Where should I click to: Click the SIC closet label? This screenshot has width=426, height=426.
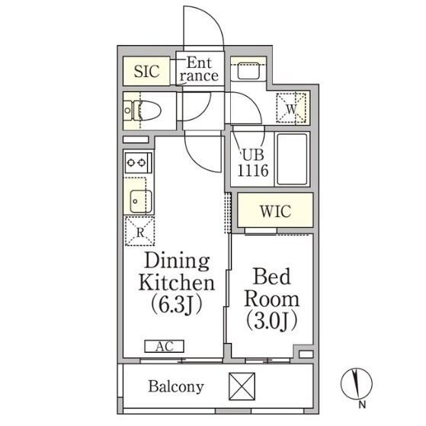(147, 72)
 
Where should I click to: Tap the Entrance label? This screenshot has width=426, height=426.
(200, 69)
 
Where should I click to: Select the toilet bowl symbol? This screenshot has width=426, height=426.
(143, 111)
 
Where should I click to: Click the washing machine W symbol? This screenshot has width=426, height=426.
(291, 108)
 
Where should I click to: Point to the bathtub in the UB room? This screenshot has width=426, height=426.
(292, 159)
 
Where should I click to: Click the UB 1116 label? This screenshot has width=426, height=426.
(253, 163)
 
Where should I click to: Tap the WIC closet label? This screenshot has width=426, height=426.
(275, 211)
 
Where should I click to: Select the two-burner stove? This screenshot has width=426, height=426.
(138, 163)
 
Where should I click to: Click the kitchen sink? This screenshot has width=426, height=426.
(140, 201)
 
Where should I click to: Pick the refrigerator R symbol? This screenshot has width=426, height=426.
(140, 232)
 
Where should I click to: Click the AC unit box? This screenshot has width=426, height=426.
(165, 347)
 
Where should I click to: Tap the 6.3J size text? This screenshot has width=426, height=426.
(176, 304)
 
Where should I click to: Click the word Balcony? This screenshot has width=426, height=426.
(176, 386)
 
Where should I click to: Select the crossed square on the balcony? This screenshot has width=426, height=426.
(242, 386)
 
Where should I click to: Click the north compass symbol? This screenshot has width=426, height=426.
(356, 384)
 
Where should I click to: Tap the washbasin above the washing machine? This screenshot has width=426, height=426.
(248, 71)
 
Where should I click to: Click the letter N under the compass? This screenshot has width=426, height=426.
(362, 405)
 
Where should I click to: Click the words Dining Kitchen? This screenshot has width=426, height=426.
(177, 272)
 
